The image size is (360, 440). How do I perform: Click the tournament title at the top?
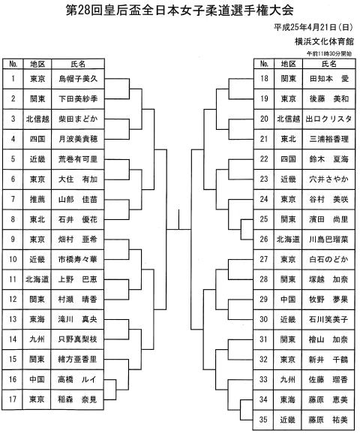pyautogui.click(x=180, y=10)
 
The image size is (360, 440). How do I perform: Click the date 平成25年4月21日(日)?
pyautogui.click(x=313, y=28)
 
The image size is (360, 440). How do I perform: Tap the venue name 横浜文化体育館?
pyautogui.click(x=324, y=41)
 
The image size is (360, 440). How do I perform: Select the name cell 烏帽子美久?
pyautogui.click(x=78, y=79)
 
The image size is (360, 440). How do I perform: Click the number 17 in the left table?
pyautogui.click(x=13, y=399)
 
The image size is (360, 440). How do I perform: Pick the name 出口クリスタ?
pyautogui.click(x=328, y=119)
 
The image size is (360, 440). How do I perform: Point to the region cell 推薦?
pyautogui.click(x=37, y=199)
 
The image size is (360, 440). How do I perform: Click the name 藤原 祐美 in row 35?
pyautogui.click(x=328, y=420)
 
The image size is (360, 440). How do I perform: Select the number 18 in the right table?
pyautogui.click(x=264, y=79)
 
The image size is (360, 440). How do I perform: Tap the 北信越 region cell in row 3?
pyautogui.click(x=37, y=119)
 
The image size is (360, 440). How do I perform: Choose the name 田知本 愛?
pyautogui.click(x=329, y=79)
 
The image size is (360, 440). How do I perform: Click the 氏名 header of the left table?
pyautogui.click(x=78, y=64)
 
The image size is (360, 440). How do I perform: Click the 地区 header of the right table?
pyautogui.click(x=288, y=64)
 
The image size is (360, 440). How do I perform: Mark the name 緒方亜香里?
pyautogui.click(x=77, y=359)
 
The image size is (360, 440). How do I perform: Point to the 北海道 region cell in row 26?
pyautogui.click(x=288, y=240)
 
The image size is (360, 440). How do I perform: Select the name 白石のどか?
pyautogui.click(x=328, y=259)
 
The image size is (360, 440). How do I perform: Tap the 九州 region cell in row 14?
pyautogui.click(x=37, y=339)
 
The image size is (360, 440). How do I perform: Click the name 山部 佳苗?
pyautogui.click(x=78, y=199)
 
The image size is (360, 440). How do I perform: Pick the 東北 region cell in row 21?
pyautogui.click(x=288, y=139)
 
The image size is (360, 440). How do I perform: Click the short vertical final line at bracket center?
pyautogui.click(x=178, y=220)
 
